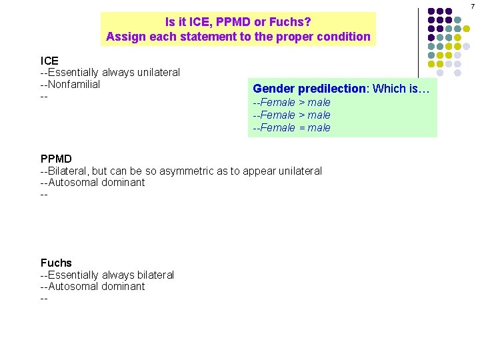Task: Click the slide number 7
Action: (x=473, y=5)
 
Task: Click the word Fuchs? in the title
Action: (x=291, y=22)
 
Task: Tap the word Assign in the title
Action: (x=125, y=37)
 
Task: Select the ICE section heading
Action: (x=49, y=61)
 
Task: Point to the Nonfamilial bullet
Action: (x=70, y=85)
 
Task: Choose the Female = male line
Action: (x=291, y=128)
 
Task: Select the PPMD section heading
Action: (x=56, y=159)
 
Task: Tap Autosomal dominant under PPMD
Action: (x=93, y=183)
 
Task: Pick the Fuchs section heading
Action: (x=56, y=263)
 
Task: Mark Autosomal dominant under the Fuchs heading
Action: (x=93, y=287)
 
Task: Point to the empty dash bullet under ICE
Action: (x=44, y=97)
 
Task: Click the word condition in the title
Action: (x=345, y=37)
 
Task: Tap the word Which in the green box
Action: (x=387, y=89)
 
